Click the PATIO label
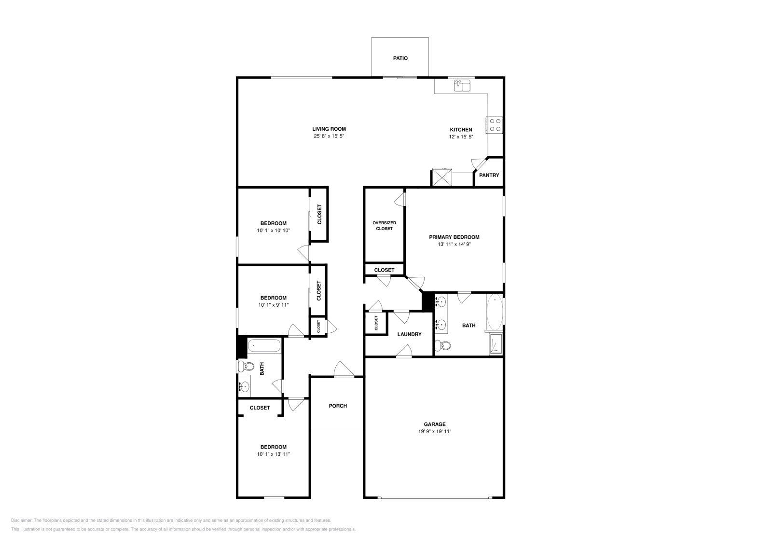coord(400,58)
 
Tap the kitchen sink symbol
coord(462,86)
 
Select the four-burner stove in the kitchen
coord(495,125)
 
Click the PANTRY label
coord(489,175)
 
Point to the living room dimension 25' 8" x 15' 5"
coord(329,136)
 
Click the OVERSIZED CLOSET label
coord(384,226)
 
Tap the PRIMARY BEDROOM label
coord(454,237)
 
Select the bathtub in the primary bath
coord(495,312)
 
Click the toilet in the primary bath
coord(442,345)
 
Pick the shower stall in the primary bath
coord(496,344)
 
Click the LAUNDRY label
coord(409,334)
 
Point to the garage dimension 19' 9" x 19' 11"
coord(434,432)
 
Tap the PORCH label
coord(338,406)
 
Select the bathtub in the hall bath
coord(263,346)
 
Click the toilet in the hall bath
coord(246,367)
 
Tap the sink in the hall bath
coord(244,386)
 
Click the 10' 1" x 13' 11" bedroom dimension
coord(274,454)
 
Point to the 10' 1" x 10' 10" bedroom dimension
coord(274,231)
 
